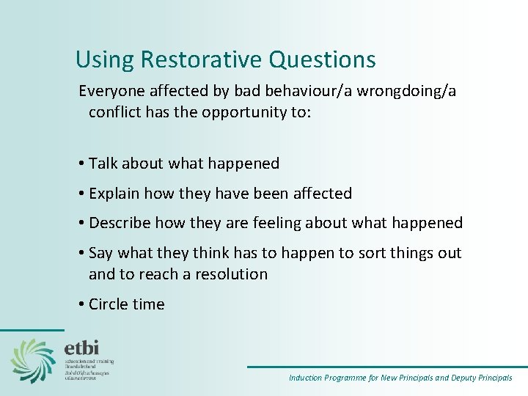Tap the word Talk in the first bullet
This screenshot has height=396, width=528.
103,164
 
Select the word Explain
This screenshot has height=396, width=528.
114,194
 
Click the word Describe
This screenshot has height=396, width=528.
119,223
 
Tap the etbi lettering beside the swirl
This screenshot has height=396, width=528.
82,347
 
